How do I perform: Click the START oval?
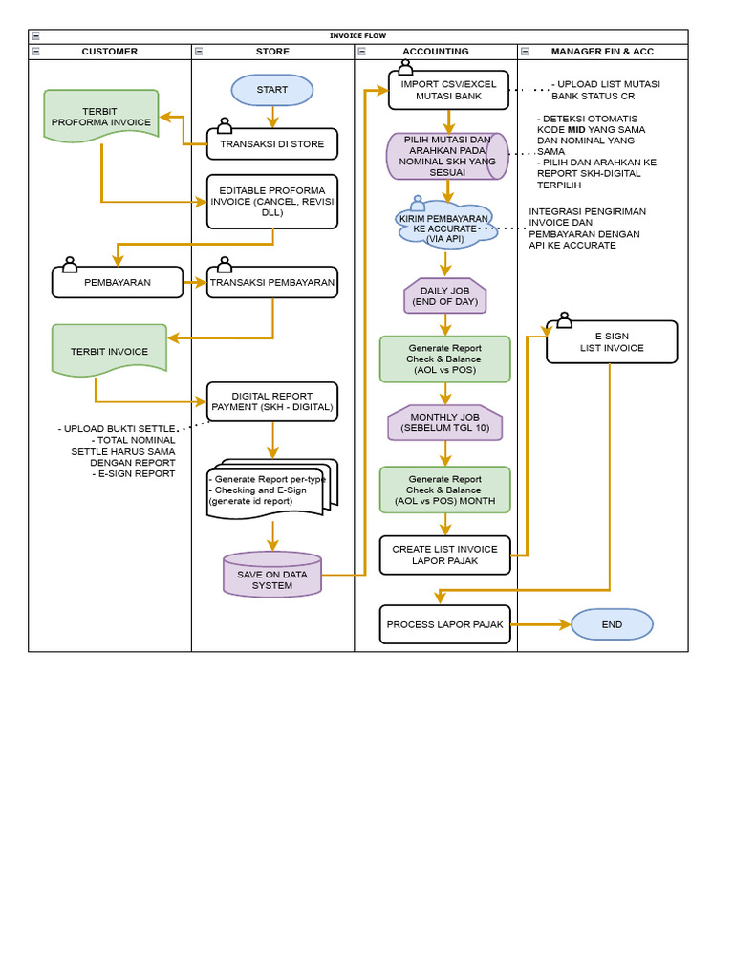(x=272, y=90)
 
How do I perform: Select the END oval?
(x=612, y=624)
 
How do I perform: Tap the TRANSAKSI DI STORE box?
(x=272, y=144)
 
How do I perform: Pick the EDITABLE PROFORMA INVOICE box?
(x=272, y=201)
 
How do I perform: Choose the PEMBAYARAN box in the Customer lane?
(x=118, y=282)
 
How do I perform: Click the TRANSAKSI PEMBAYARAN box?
(x=272, y=282)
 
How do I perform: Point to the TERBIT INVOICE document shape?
(x=109, y=350)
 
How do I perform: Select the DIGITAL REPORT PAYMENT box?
(x=272, y=401)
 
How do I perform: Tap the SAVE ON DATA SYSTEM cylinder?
(x=272, y=575)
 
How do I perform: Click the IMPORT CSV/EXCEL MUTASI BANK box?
(x=448, y=90)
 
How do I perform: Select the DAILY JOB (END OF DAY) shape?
(x=445, y=296)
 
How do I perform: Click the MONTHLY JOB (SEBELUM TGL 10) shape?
(x=445, y=423)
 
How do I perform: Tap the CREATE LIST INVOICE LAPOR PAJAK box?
(x=445, y=555)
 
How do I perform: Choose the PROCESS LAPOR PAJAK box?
(x=445, y=624)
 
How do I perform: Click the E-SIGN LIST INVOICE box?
(x=612, y=342)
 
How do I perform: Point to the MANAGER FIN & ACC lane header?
(x=602, y=52)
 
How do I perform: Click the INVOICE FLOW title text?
(x=358, y=36)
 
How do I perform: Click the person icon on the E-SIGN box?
(x=563, y=320)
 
